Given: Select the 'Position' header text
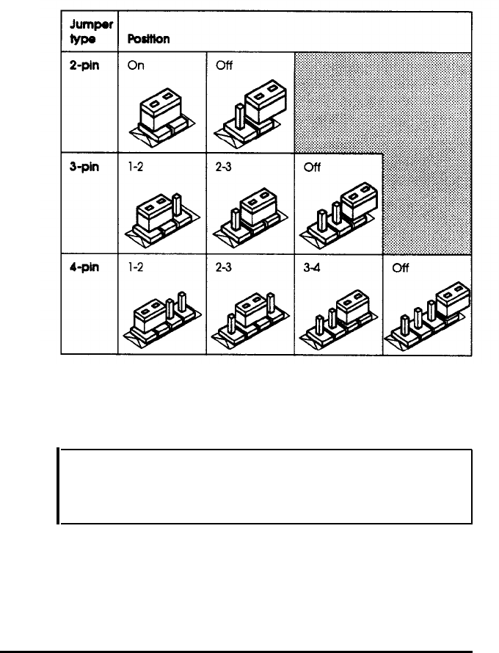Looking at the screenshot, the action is pos(149,40).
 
